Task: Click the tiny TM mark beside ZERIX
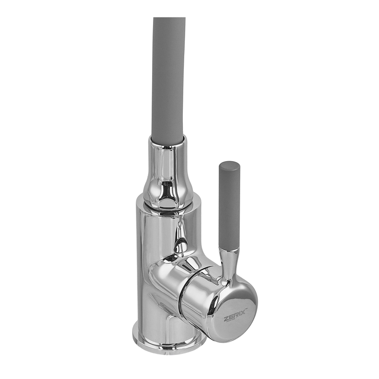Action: (246, 309)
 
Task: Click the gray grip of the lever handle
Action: (229, 206)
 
